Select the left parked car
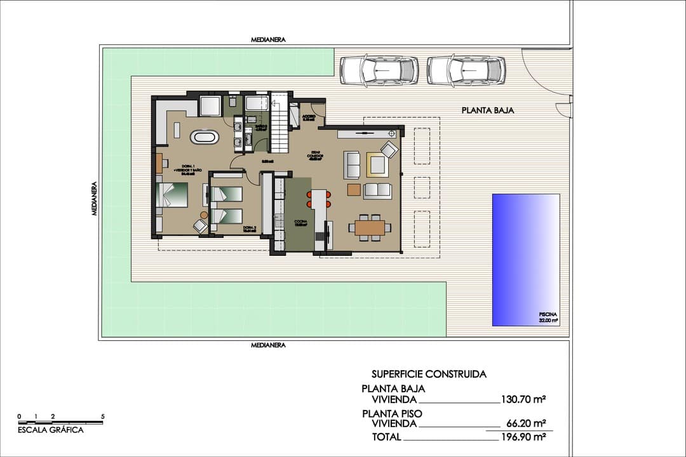pos(379,70)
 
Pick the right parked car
pos(466,70)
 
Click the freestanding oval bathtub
pos(205,136)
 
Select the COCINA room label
pos(300,223)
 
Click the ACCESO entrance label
pos(309,117)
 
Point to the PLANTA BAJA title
pos(487,110)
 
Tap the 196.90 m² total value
pos(524,437)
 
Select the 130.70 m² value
pos(524,400)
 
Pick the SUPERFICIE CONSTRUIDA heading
pos(429,374)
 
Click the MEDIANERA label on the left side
pos(94,199)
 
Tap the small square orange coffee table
pos(354,189)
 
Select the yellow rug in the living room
pos(377,165)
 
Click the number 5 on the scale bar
pos(103,416)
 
